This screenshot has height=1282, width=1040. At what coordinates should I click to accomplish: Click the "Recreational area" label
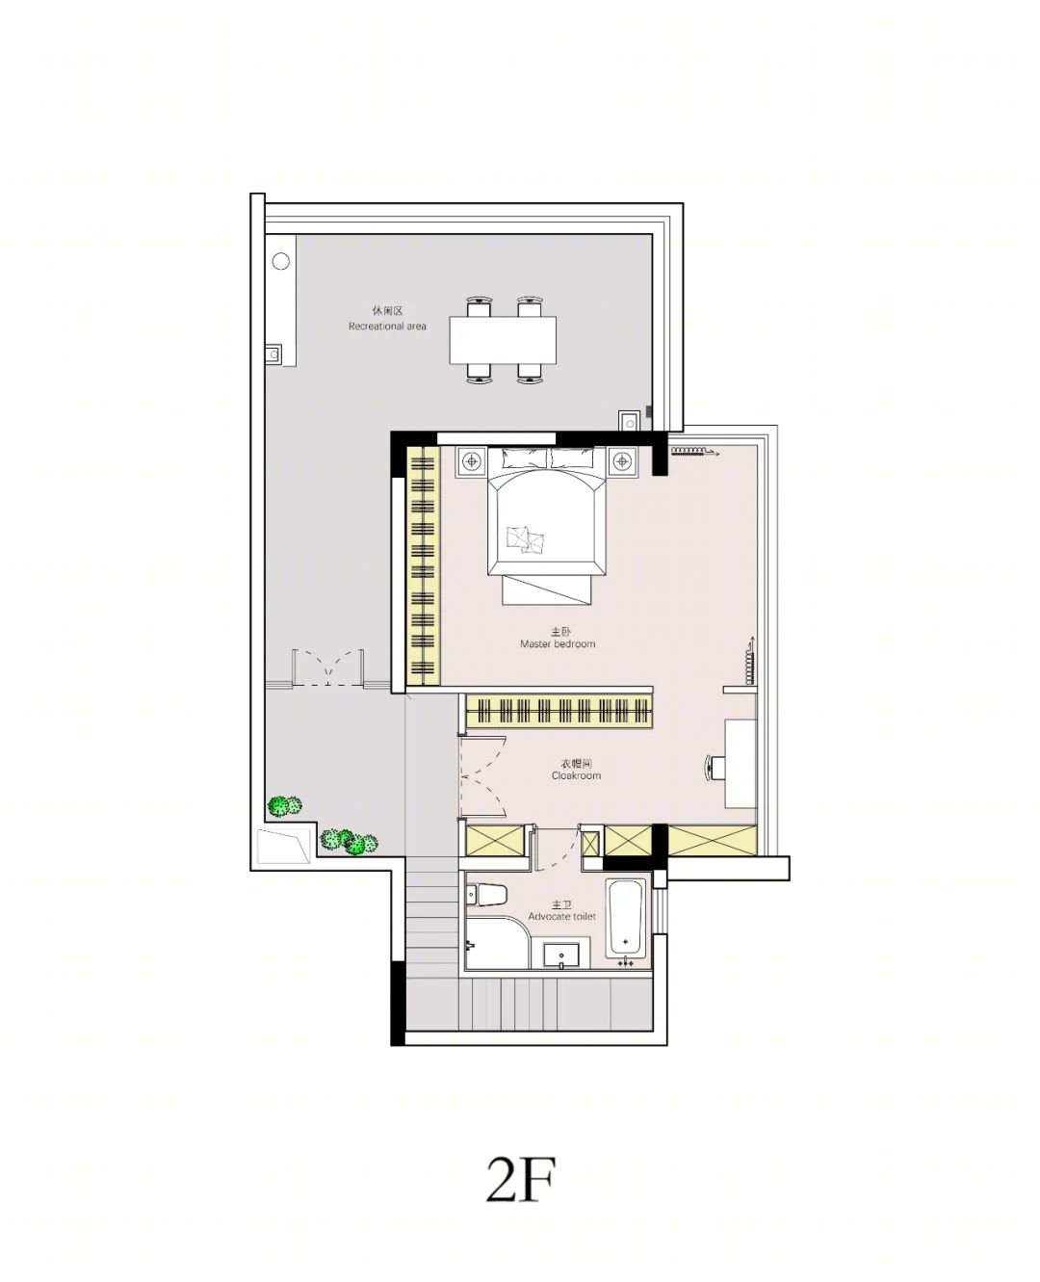tap(387, 327)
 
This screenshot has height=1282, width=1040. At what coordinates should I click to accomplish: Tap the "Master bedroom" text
tap(558, 644)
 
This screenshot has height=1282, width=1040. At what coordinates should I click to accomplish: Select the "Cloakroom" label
tap(576, 775)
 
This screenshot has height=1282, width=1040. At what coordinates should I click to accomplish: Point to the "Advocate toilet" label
tap(561, 917)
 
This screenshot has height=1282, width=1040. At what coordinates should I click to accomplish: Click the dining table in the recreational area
tap(503, 340)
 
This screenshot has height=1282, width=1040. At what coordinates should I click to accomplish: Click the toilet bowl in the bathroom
tap(486, 895)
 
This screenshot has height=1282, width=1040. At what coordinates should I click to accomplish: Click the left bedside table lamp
tap(472, 461)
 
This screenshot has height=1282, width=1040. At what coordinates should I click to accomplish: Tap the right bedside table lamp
tap(621, 461)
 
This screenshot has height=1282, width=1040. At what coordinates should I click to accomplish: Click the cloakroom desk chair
tap(715, 768)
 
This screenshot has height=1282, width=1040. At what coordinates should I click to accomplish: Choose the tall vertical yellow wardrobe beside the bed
tap(424, 565)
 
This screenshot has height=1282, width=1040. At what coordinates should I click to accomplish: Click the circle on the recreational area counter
tap(281, 261)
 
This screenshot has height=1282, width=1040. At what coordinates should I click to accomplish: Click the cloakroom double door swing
tap(483, 777)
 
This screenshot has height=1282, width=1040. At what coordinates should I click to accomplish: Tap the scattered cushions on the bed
tap(527, 538)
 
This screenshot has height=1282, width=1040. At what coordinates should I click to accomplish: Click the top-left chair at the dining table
tap(480, 307)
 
